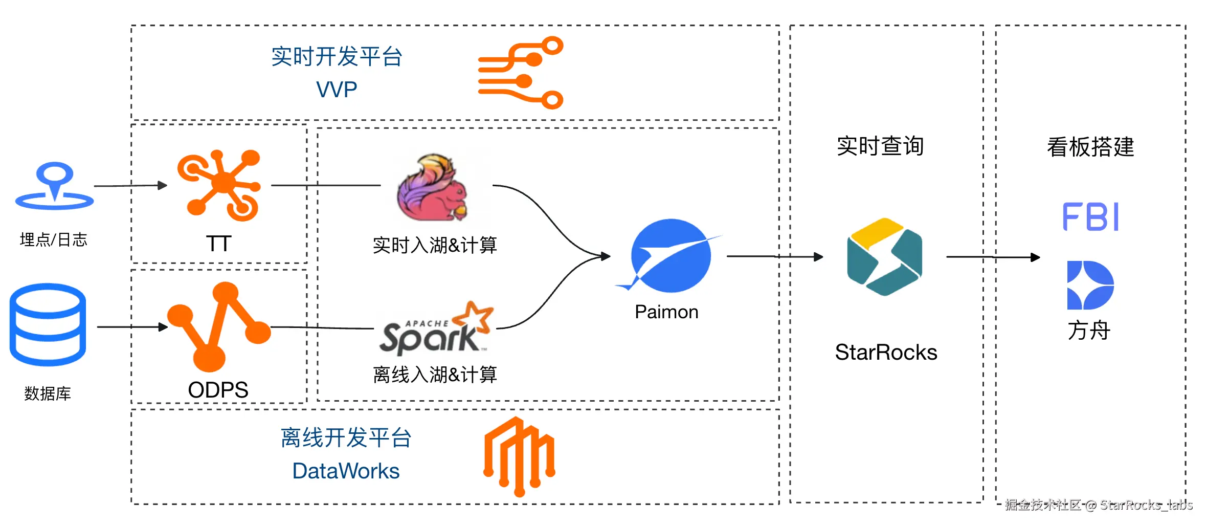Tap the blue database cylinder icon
48,324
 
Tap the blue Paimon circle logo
670,255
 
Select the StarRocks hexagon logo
885,257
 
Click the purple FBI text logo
1090,217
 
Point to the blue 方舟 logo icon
1090,285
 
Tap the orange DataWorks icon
520,456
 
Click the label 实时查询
880,146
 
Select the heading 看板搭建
1090,147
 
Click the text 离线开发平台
346,438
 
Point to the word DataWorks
346,471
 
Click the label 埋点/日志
54,239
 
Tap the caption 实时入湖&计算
435,245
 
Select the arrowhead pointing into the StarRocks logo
819,257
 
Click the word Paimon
666,312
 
